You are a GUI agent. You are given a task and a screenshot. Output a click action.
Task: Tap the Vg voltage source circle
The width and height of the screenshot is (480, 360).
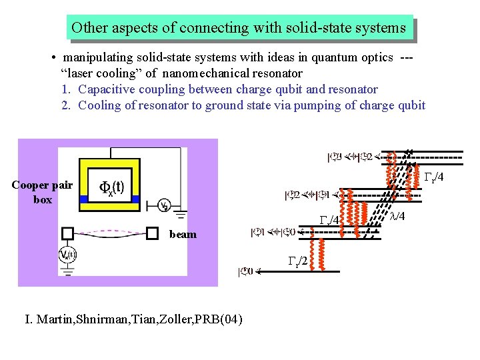pyautogui.click(x=163, y=205)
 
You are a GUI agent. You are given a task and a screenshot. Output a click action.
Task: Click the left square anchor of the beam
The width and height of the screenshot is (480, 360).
pyautogui.click(x=67, y=233)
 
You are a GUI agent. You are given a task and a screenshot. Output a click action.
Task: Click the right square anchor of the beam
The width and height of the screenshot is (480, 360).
pyautogui.click(x=152, y=233)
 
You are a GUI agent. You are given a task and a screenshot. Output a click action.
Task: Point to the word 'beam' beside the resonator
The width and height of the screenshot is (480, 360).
pyautogui.click(x=183, y=234)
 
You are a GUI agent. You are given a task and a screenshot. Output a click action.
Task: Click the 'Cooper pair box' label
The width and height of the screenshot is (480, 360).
pyautogui.click(x=42, y=192)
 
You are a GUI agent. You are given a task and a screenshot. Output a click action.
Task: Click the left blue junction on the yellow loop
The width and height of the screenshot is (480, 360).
pyautogui.click(x=83, y=199)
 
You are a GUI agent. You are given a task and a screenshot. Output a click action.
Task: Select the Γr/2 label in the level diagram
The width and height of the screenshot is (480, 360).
pyautogui.click(x=297, y=260)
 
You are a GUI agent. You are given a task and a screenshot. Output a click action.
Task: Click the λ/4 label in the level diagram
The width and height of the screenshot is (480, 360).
pyautogui.click(x=397, y=215)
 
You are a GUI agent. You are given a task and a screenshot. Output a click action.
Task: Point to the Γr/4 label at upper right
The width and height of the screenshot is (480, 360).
pyautogui.click(x=434, y=176)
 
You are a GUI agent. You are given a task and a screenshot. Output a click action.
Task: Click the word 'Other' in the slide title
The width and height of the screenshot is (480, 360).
pyautogui.click(x=87, y=28)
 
